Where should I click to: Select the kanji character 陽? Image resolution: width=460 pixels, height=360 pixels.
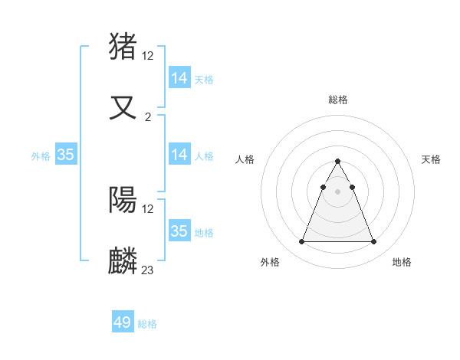tap(123, 200)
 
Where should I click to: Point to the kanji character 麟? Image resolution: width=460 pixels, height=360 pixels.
tap(123, 260)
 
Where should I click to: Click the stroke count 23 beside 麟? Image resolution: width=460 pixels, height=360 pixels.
tap(147, 270)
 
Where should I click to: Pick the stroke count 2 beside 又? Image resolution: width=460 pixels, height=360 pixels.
tap(147, 116)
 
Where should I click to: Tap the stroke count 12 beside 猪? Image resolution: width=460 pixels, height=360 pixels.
tap(148, 55)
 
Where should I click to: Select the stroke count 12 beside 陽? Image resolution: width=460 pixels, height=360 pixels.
tap(148, 209)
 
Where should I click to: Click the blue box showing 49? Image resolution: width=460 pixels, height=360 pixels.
tap(123, 322)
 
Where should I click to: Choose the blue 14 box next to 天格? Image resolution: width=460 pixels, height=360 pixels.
tap(179, 78)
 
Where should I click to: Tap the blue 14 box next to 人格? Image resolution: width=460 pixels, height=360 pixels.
tap(179, 155)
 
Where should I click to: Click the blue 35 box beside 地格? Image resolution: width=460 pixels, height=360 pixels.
tap(179, 231)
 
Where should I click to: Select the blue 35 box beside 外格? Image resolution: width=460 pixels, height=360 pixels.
tap(66, 155)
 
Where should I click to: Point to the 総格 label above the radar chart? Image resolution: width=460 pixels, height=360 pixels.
tap(337, 100)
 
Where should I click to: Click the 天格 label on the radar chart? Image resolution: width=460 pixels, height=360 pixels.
tap(431, 159)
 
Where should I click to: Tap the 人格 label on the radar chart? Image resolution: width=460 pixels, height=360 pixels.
tap(245, 159)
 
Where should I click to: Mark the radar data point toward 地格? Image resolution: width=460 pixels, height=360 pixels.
tap(373, 242)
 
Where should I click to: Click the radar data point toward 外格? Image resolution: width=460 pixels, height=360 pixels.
tap(301, 242)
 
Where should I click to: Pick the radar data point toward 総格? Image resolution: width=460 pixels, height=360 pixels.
tap(337, 161)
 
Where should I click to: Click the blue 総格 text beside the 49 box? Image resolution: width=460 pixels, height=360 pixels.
tap(147, 324)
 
